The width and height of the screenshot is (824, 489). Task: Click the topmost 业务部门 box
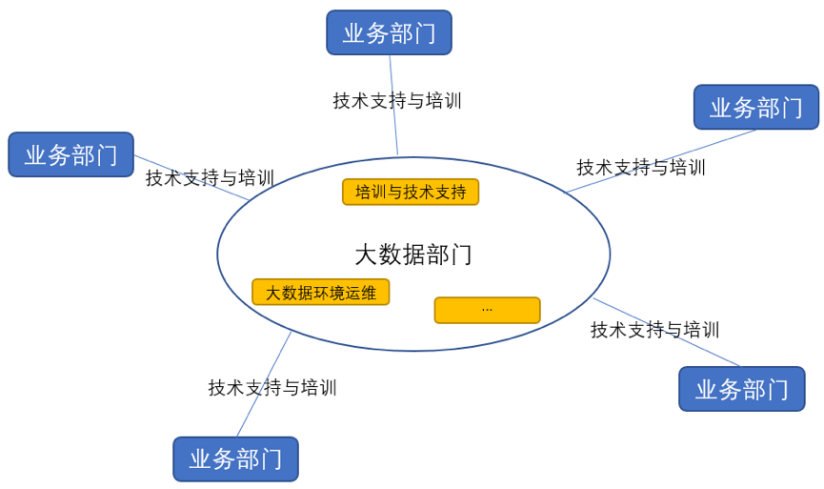pyautogui.click(x=389, y=33)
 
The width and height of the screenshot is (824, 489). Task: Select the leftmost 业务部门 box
pyautogui.click(x=70, y=154)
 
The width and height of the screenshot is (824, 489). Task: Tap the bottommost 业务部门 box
pyautogui.click(x=235, y=458)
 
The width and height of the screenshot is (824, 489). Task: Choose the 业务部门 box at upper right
pyautogui.click(x=755, y=107)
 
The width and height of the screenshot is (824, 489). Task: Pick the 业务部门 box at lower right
pyautogui.click(x=741, y=389)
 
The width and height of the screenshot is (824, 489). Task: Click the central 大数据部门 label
pyautogui.click(x=412, y=255)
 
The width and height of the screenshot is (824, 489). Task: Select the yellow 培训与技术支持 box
pyautogui.click(x=411, y=193)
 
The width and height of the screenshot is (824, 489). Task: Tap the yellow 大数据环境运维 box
pyautogui.click(x=320, y=293)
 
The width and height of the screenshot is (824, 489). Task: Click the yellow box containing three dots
pyautogui.click(x=487, y=310)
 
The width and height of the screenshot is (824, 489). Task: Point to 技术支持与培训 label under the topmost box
pyautogui.click(x=396, y=101)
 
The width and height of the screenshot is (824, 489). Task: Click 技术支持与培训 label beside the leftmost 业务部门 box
pyautogui.click(x=210, y=178)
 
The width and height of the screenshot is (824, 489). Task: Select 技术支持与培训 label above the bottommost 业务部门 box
pyautogui.click(x=272, y=388)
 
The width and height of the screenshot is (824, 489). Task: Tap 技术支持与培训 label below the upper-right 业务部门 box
pyautogui.click(x=640, y=168)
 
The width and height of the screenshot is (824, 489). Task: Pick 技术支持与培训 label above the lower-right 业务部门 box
pyautogui.click(x=654, y=330)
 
